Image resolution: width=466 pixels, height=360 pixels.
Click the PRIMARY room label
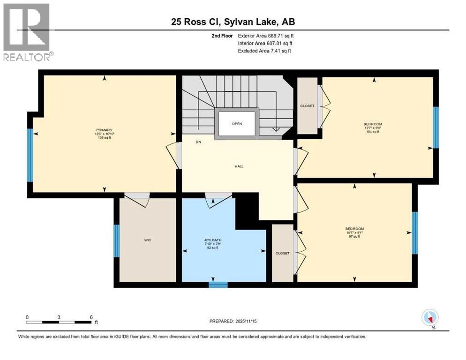[x=104, y=130]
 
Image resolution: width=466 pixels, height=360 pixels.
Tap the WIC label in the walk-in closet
[x=147, y=240]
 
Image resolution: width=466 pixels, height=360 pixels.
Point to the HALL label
[x=239, y=166]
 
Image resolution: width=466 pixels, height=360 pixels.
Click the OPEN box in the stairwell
[x=237, y=124]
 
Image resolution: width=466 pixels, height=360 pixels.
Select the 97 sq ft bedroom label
[x=354, y=232]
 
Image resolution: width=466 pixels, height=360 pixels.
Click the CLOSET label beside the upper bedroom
[x=307, y=106]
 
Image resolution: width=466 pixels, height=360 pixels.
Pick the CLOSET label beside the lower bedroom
[x=282, y=253]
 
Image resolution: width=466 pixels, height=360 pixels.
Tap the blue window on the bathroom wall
[x=218, y=285]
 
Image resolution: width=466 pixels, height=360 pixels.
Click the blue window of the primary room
[x=30, y=155]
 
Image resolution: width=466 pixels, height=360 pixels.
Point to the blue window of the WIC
[x=117, y=241]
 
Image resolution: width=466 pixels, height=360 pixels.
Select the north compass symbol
[x=430, y=318]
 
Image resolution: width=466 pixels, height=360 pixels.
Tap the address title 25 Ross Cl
[x=233, y=22]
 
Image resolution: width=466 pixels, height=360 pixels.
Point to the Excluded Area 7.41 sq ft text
[x=264, y=51]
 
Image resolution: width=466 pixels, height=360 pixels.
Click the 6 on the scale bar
[x=90, y=317]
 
